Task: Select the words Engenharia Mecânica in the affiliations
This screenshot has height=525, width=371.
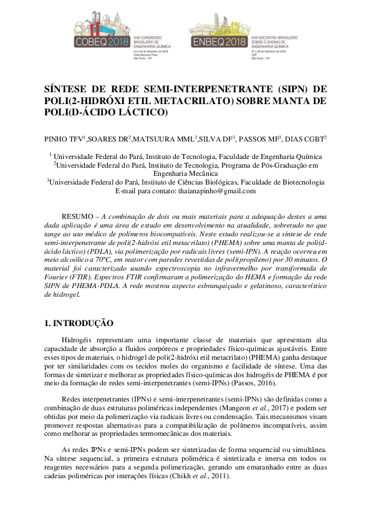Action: [x=185, y=173]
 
